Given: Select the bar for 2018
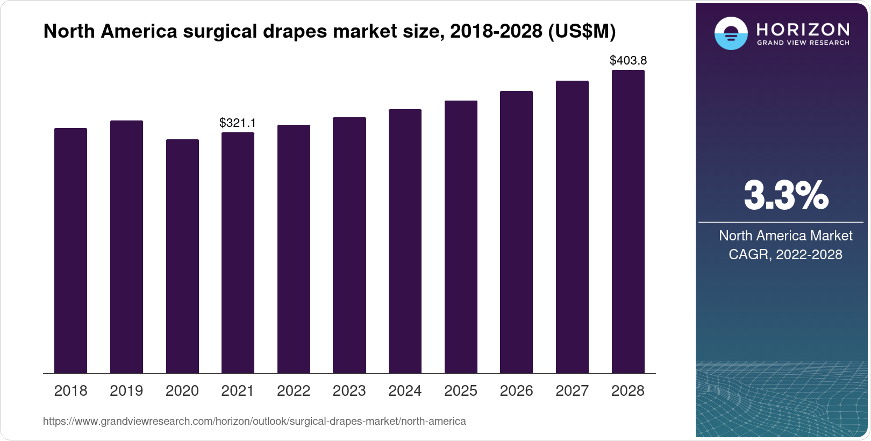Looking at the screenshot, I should (70, 251).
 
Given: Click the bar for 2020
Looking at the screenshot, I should (182, 256).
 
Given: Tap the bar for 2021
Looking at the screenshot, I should (238, 253).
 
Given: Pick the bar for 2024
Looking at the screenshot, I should (405, 241).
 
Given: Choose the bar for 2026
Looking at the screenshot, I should (516, 232).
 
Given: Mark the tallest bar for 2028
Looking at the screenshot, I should (628, 222).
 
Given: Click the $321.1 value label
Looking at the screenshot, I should (238, 123).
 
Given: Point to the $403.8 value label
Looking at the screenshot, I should (628, 60).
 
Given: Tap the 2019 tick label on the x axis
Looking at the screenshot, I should (126, 390).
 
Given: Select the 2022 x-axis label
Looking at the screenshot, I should (294, 390).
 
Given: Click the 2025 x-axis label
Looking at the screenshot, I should (461, 390).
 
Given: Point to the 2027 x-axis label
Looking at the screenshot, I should (572, 390).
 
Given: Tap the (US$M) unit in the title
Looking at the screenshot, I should (582, 31).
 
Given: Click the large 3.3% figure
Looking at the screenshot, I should (786, 195).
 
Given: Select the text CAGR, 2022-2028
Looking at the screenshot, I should (786, 254).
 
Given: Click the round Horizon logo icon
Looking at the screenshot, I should (731, 34).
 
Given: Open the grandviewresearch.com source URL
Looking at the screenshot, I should (254, 421).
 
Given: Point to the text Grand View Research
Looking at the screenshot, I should (803, 42).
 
